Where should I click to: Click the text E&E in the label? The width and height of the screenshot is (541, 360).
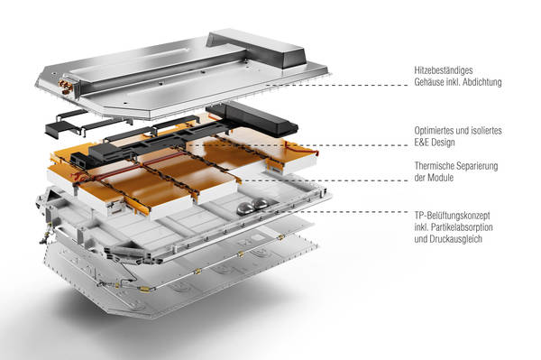421,143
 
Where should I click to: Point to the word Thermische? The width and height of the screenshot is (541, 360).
434,166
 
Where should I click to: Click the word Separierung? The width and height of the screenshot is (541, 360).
477,166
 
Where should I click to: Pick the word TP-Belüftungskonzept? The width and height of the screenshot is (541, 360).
452,216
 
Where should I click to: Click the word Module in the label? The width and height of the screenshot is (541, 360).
441,178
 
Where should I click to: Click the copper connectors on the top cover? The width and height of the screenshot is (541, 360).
65,87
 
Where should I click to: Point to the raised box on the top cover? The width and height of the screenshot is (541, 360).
257,50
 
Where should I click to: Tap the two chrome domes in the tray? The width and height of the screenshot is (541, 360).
252,205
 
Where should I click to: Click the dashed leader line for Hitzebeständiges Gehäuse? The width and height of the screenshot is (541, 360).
336,85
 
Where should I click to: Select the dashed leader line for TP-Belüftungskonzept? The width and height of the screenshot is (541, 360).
337,212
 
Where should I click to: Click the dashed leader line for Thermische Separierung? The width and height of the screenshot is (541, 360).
325,180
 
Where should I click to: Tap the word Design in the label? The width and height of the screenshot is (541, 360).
443,143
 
